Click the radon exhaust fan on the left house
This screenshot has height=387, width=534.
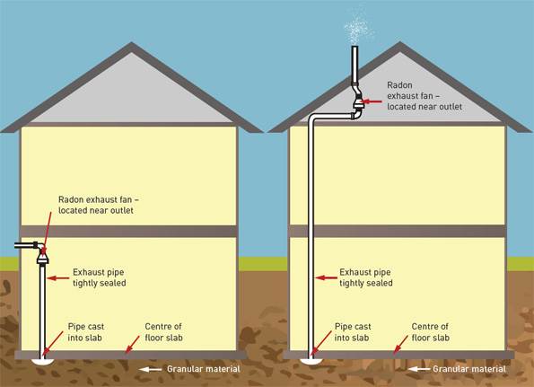tap(41, 257)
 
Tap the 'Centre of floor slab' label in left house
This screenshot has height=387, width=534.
tap(166, 331)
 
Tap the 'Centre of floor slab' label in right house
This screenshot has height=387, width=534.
tap(431, 331)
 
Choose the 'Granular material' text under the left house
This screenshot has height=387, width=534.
tap(203, 369)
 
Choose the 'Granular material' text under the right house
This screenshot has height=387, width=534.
tap(469, 369)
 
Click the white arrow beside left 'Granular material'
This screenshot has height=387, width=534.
tap(151, 369)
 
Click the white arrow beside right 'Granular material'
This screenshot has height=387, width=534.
tap(417, 369)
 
